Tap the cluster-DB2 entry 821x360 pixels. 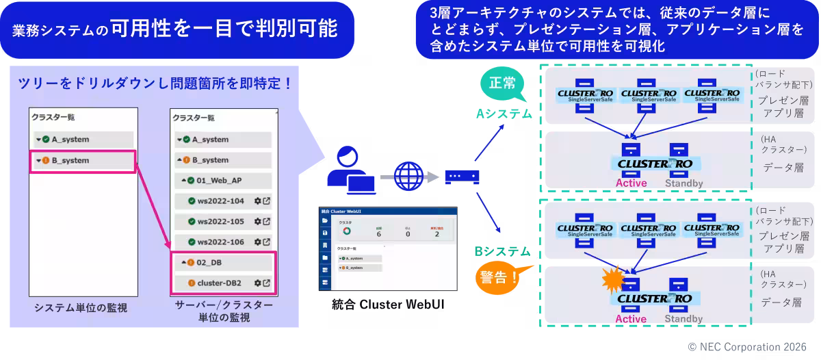click(219, 283)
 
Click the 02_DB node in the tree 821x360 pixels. click(209, 262)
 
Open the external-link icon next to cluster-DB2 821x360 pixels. click(266, 283)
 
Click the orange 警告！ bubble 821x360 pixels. click(496, 278)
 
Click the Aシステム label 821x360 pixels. click(504, 114)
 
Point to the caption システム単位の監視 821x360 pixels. click(81, 308)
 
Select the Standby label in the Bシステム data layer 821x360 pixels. click(683, 318)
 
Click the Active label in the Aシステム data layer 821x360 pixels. click(631, 183)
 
